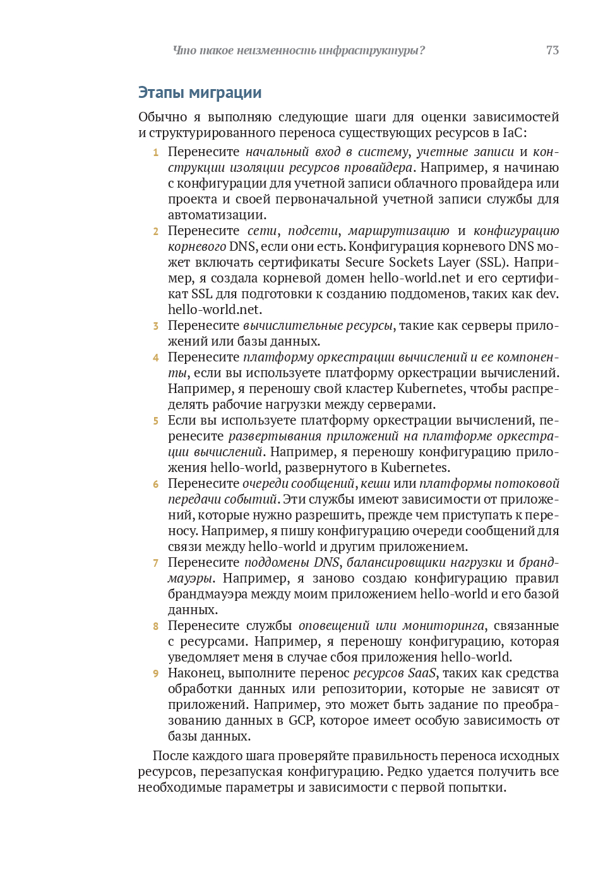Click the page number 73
(x=552, y=51)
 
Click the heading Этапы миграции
(x=200, y=93)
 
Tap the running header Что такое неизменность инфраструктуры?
(x=299, y=51)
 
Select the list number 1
(x=155, y=152)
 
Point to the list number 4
(x=155, y=358)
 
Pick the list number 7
(x=155, y=563)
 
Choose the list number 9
(x=155, y=674)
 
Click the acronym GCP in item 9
(x=301, y=720)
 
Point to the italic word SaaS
(x=422, y=673)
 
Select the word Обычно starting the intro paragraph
(x=163, y=117)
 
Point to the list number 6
(x=155, y=484)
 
